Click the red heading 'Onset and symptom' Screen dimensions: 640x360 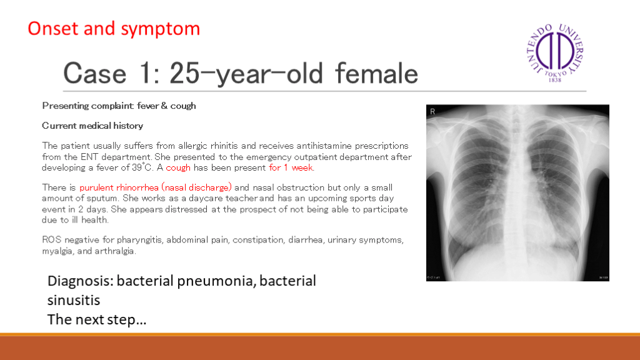(114, 29)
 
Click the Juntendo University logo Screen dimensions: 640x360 (555, 52)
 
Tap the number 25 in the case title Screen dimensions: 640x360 (184, 74)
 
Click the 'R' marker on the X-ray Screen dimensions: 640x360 (432, 111)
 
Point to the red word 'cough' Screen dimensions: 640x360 (178, 167)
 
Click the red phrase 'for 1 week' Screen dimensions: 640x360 (291, 167)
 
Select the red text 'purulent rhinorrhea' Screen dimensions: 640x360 (119, 187)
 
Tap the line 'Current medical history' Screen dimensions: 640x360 (92, 126)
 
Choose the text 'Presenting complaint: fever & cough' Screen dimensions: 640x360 (119, 106)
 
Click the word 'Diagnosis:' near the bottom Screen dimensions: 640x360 (81, 281)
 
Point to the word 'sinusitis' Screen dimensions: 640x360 (74, 301)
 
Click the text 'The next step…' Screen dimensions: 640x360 (97, 319)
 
